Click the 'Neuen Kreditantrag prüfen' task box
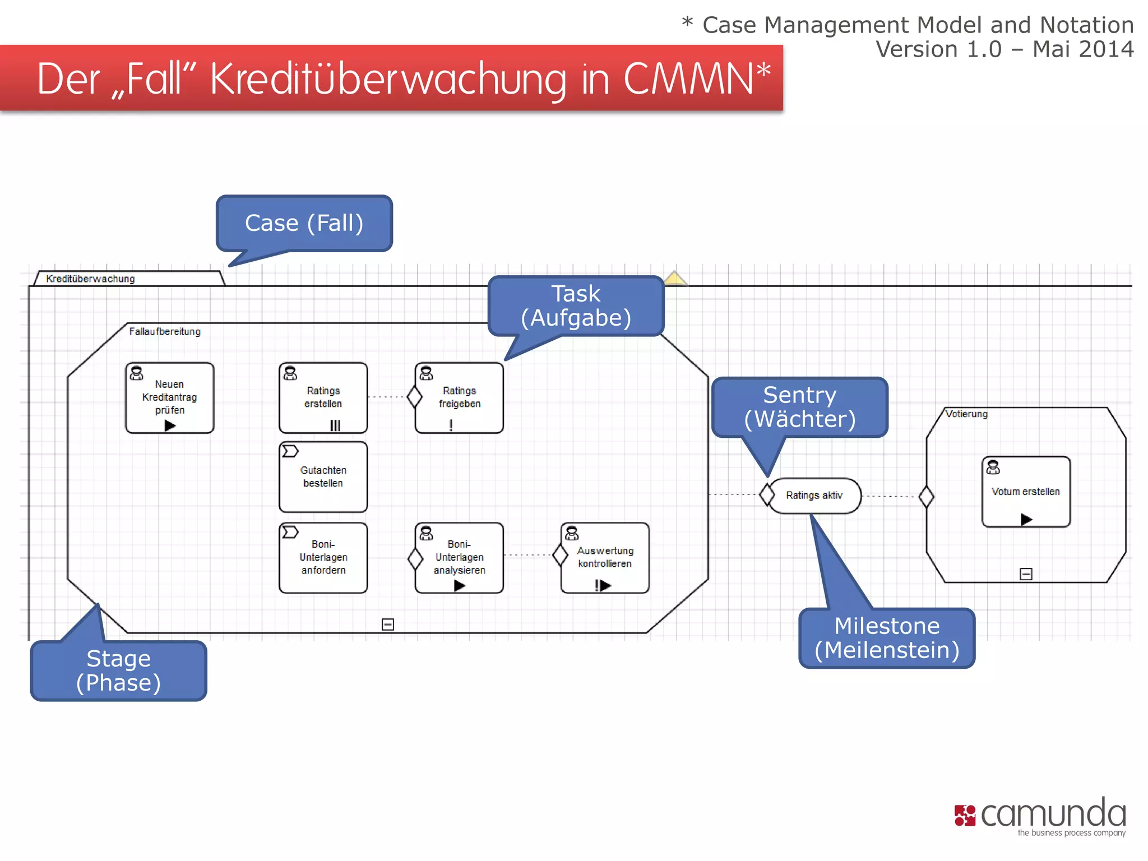169,397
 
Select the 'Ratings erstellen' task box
323,397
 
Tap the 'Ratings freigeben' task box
459,397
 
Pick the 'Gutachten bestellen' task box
323,477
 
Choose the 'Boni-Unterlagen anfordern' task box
323,557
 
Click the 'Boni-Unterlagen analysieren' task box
459,557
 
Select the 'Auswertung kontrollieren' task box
605,557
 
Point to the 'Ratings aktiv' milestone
814,496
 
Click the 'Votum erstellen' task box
1026,492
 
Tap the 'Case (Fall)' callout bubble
304,223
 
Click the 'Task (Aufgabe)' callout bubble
576,305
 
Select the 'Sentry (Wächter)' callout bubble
799,407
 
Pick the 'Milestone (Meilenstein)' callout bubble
887,638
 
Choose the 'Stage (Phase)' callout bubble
118,670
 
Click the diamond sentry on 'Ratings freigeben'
415,397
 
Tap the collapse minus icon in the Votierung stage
1026,574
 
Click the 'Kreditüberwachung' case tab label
90,279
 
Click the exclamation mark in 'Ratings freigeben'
451,425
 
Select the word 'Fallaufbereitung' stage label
165,331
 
